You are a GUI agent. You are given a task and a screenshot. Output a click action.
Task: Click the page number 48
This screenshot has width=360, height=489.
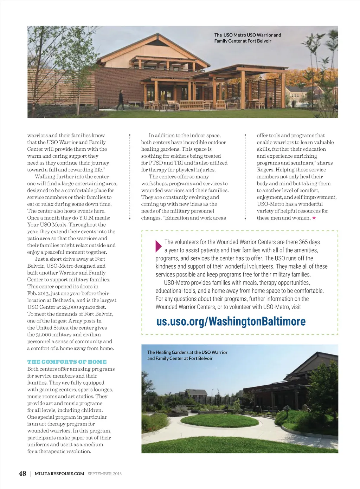pos(22,474)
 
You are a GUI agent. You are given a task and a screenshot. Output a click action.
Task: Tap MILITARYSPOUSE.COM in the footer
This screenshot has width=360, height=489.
pos(59,474)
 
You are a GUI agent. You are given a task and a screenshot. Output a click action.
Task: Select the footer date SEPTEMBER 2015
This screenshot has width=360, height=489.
pos(105,474)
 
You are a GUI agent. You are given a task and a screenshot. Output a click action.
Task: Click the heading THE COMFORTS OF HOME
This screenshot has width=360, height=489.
pos(67,362)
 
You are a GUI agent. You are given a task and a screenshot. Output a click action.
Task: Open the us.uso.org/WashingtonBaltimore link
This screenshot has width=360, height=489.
pos(231,321)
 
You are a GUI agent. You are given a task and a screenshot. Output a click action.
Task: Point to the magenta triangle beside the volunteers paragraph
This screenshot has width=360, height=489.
pos(158,246)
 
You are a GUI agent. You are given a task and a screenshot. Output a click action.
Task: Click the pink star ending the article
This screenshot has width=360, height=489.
pos(314,218)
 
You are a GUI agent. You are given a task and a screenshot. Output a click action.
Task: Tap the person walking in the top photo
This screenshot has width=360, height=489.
pos(121,100)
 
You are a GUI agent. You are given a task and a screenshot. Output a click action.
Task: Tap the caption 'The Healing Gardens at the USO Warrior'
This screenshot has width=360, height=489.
pos(187,352)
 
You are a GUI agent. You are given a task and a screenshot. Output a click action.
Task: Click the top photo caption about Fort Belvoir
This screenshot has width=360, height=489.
pos(247,38)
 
